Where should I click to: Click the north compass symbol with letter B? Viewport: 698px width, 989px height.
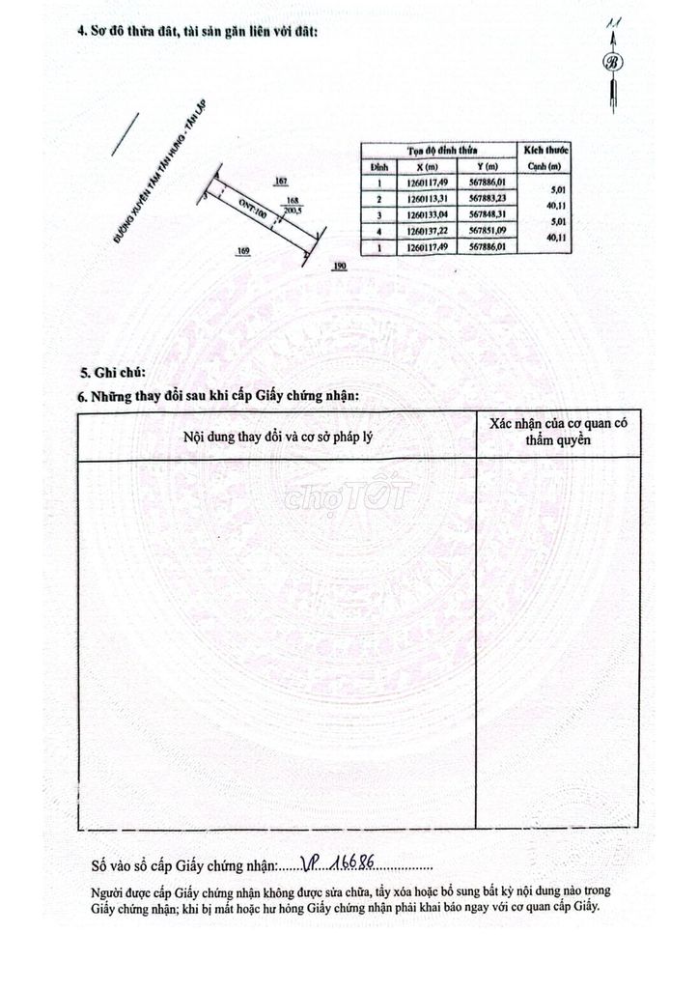(612, 63)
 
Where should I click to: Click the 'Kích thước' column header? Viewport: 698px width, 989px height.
(546, 151)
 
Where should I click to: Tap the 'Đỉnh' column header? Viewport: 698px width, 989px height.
(380, 166)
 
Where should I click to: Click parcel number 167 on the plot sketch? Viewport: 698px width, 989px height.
(281, 182)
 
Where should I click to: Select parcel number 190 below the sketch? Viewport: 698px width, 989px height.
(339, 265)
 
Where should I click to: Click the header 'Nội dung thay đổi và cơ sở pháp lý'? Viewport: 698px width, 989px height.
(278, 437)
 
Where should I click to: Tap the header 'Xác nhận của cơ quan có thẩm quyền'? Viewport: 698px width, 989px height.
(558, 432)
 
